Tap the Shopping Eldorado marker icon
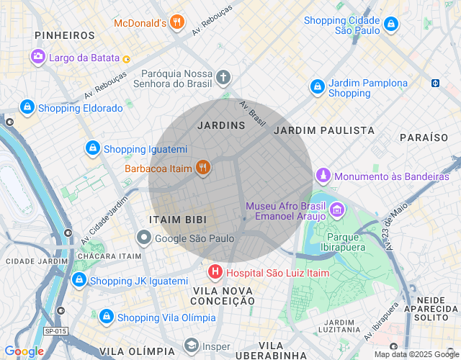27,107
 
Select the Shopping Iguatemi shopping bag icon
92,148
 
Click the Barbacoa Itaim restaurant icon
203,168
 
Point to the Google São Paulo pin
144,238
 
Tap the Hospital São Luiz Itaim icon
215,273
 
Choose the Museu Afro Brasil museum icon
337,211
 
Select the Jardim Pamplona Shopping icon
317,87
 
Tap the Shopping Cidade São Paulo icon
390,25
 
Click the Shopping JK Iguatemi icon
79,280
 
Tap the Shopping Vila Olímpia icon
107,317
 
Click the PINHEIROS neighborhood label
64,35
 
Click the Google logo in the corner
24,351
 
